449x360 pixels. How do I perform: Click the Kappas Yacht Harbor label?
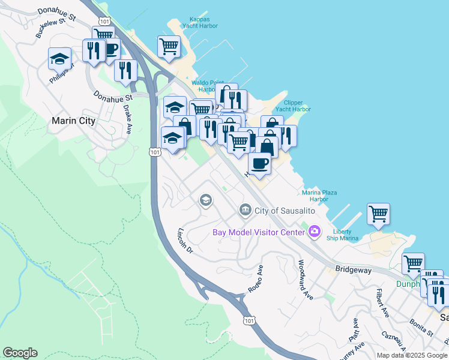(200, 22)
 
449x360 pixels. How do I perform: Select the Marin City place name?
(73, 121)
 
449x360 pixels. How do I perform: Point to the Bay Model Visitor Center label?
(259, 232)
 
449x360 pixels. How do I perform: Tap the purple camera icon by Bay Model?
(314, 231)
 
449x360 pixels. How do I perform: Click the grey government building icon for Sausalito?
(245, 209)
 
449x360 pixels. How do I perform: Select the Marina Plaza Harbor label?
(319, 196)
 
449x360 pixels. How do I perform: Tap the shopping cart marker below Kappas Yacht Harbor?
(169, 46)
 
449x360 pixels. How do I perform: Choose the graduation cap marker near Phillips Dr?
(59, 58)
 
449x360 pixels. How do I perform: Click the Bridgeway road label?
(354, 271)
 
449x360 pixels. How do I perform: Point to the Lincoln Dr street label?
(184, 240)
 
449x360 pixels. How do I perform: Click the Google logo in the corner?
(20, 353)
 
